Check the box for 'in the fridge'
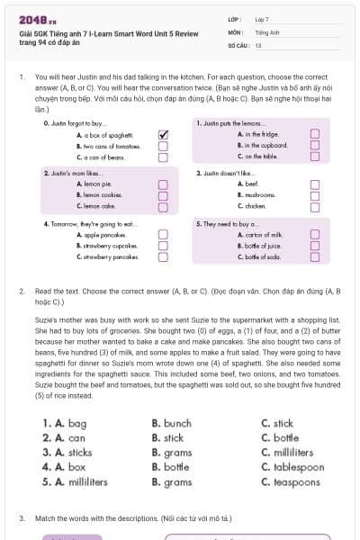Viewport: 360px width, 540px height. (315, 134)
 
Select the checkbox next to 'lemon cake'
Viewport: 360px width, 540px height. (163, 206)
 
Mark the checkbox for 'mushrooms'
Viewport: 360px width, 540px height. (315, 194)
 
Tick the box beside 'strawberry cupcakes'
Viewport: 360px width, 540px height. (163, 245)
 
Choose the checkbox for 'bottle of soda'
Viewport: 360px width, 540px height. (315, 256)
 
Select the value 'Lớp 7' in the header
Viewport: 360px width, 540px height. (262, 19)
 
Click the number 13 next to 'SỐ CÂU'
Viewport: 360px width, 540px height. (258, 44)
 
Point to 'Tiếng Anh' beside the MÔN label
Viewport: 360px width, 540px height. (265, 31)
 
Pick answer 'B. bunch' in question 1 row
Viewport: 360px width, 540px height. (172, 423)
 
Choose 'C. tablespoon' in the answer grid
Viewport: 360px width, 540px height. (292, 467)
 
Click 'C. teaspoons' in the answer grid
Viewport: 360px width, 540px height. (290, 482)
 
